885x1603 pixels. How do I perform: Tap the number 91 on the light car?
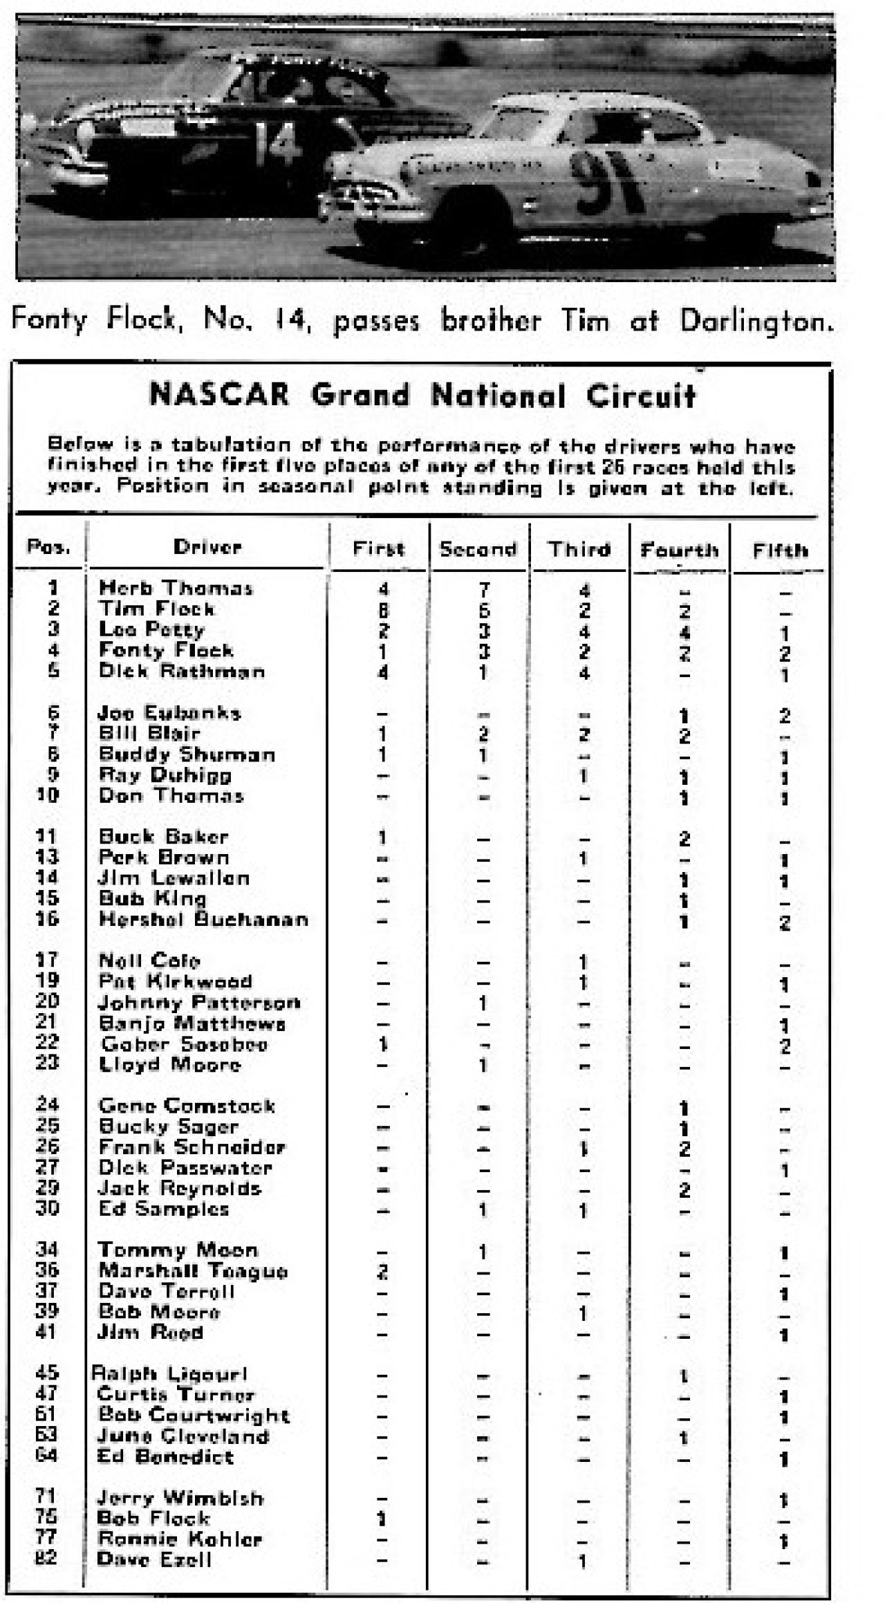point(606,183)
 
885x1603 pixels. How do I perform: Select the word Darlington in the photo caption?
point(756,321)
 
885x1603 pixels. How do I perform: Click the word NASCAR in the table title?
point(219,396)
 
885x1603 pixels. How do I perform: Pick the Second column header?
point(478,550)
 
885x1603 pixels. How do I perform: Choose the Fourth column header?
point(680,550)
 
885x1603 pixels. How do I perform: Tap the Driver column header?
point(207,548)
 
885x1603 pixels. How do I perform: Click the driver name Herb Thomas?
point(176,589)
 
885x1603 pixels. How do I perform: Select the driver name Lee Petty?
point(151,630)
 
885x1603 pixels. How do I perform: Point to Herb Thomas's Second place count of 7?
point(483,590)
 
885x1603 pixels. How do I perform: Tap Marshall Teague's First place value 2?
point(382,1271)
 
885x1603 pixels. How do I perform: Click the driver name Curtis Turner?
point(176,1395)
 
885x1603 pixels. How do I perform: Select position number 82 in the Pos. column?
point(46,1558)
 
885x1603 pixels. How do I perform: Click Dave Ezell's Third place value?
point(583,1561)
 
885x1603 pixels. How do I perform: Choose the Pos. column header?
point(48,548)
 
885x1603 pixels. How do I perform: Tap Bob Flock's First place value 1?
point(381,1519)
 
